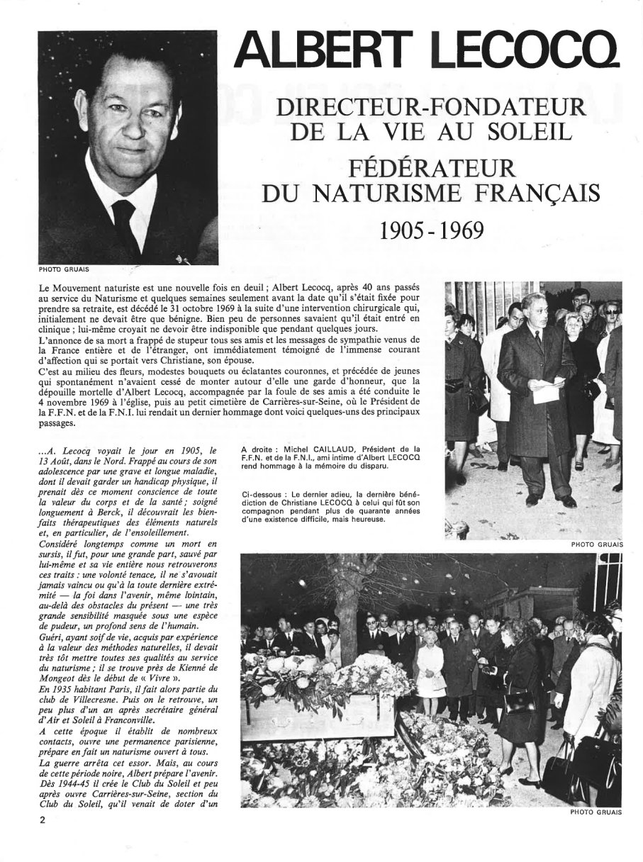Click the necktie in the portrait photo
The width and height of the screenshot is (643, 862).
click(x=127, y=225)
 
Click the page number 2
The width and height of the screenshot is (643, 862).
click(x=43, y=820)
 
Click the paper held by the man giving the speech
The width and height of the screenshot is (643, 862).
click(x=547, y=390)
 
